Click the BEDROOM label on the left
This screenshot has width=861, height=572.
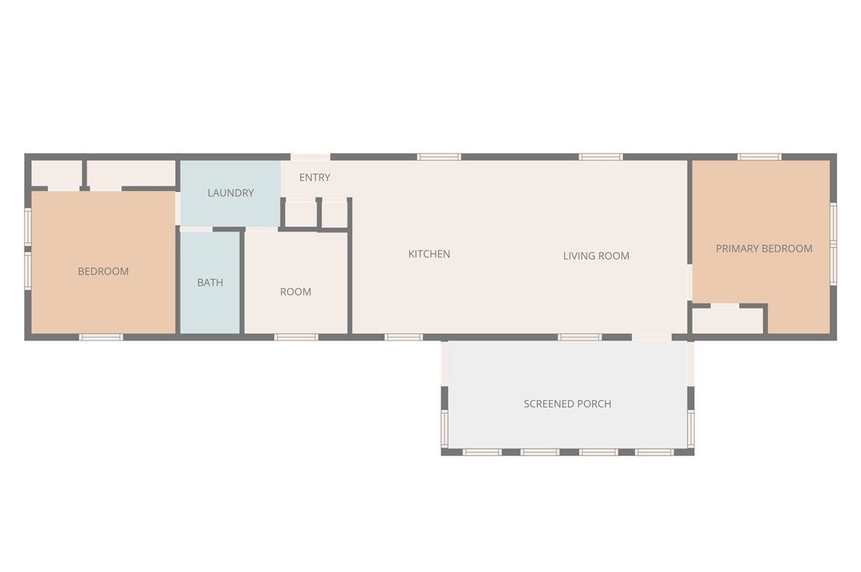103,272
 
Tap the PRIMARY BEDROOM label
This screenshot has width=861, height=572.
764,249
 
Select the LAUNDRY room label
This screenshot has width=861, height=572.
230,193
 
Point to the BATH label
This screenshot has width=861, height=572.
210,282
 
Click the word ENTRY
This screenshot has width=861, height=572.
314,178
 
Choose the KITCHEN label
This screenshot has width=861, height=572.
429,254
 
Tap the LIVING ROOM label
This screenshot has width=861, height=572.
596,256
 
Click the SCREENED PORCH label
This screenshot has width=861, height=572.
568,404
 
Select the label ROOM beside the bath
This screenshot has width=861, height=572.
296,292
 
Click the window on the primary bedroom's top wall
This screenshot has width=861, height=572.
759,157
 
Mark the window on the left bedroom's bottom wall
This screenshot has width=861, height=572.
100,337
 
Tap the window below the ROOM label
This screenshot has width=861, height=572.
296,337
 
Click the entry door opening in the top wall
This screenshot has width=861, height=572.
310,157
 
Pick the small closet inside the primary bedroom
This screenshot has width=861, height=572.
727,320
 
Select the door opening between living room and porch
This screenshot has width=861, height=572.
651,337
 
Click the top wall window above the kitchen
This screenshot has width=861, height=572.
439,157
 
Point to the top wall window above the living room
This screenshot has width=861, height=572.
601,157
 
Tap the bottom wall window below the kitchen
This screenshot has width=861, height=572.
403,337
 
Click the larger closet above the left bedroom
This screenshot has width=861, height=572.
131,173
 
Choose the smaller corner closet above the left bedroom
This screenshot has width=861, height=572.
56,173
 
